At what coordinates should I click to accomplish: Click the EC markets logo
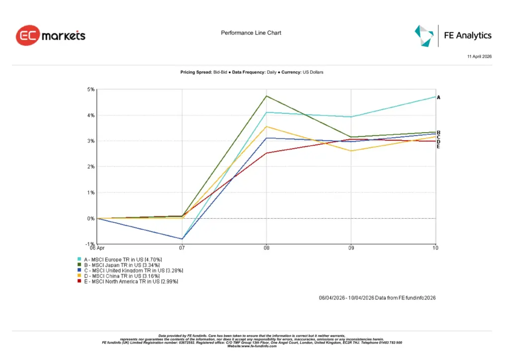(51, 36)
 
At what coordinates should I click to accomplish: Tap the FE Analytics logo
(453, 35)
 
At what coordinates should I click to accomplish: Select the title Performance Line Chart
(251, 33)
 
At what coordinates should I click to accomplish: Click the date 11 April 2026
(479, 57)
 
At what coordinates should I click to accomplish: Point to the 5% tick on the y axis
(91, 90)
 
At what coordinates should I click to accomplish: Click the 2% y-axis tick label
(91, 167)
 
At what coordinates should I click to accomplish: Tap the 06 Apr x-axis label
(97, 248)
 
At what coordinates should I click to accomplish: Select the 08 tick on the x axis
(266, 248)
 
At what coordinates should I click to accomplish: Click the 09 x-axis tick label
(351, 248)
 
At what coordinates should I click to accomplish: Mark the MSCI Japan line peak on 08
(267, 96)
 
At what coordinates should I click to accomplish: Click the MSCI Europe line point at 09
(351, 117)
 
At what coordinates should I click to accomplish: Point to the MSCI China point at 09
(351, 151)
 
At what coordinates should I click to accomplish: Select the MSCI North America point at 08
(267, 153)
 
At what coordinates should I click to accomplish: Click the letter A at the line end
(438, 97)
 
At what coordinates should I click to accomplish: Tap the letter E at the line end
(438, 147)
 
